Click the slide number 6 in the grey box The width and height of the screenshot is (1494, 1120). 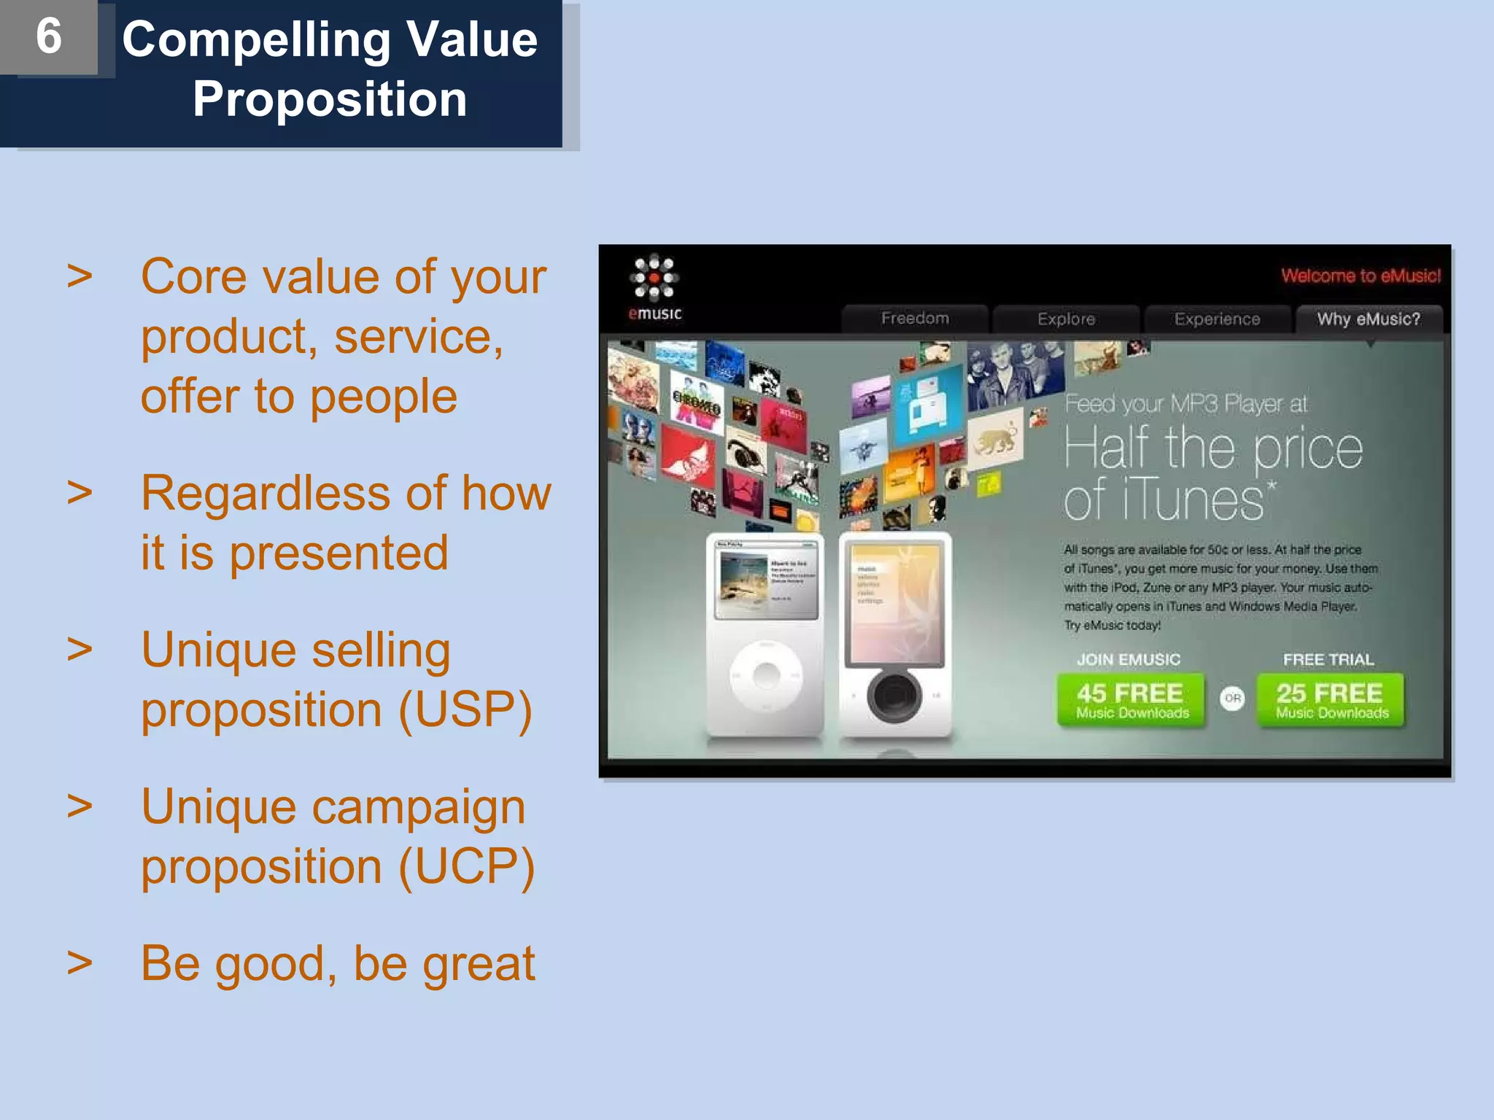point(49,36)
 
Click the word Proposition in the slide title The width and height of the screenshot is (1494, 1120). point(330,99)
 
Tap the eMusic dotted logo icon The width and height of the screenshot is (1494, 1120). point(654,278)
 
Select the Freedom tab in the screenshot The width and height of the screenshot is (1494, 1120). point(915,319)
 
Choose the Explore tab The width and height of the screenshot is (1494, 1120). point(1066,319)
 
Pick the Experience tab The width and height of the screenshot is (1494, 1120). point(1217,319)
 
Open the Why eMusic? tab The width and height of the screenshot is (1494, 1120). point(1369,319)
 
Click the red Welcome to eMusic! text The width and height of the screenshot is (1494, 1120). point(1361,276)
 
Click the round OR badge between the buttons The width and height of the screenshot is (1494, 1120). point(1232,699)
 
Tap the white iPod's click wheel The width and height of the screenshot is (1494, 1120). point(766,675)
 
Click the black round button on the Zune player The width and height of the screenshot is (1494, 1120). point(894,696)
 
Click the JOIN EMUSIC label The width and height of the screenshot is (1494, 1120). point(1129,660)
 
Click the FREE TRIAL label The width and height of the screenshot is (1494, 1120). point(1328,660)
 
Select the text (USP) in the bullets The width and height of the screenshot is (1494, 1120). point(465,709)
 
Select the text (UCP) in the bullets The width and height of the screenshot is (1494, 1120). point(467,867)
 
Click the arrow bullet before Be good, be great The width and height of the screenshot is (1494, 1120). point(80,962)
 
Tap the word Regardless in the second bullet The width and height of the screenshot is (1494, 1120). point(266,494)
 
